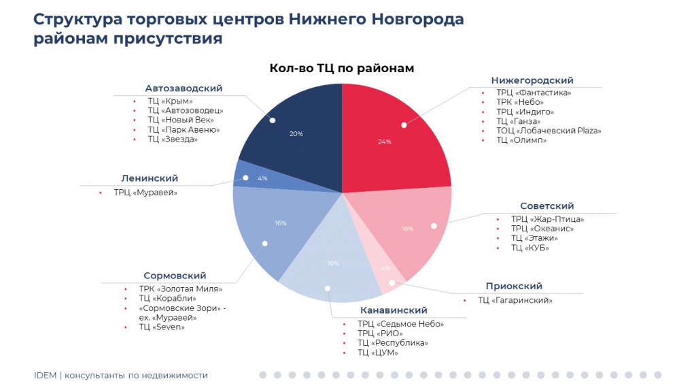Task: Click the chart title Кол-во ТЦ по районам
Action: click(x=342, y=69)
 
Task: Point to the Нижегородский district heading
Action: click(x=532, y=80)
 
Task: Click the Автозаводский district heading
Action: click(x=184, y=88)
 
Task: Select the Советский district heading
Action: click(x=547, y=206)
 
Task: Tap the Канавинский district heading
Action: click(x=394, y=310)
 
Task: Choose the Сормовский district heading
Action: click(x=175, y=276)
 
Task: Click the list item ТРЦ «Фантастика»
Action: click(x=534, y=93)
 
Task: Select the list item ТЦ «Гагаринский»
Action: click(x=515, y=300)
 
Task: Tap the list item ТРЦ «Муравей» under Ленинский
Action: click(x=145, y=193)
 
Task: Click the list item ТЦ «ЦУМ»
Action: click(x=378, y=353)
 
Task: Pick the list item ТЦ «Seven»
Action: click(x=162, y=327)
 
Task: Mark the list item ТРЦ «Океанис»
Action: click(x=542, y=229)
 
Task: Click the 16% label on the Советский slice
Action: click(x=408, y=229)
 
